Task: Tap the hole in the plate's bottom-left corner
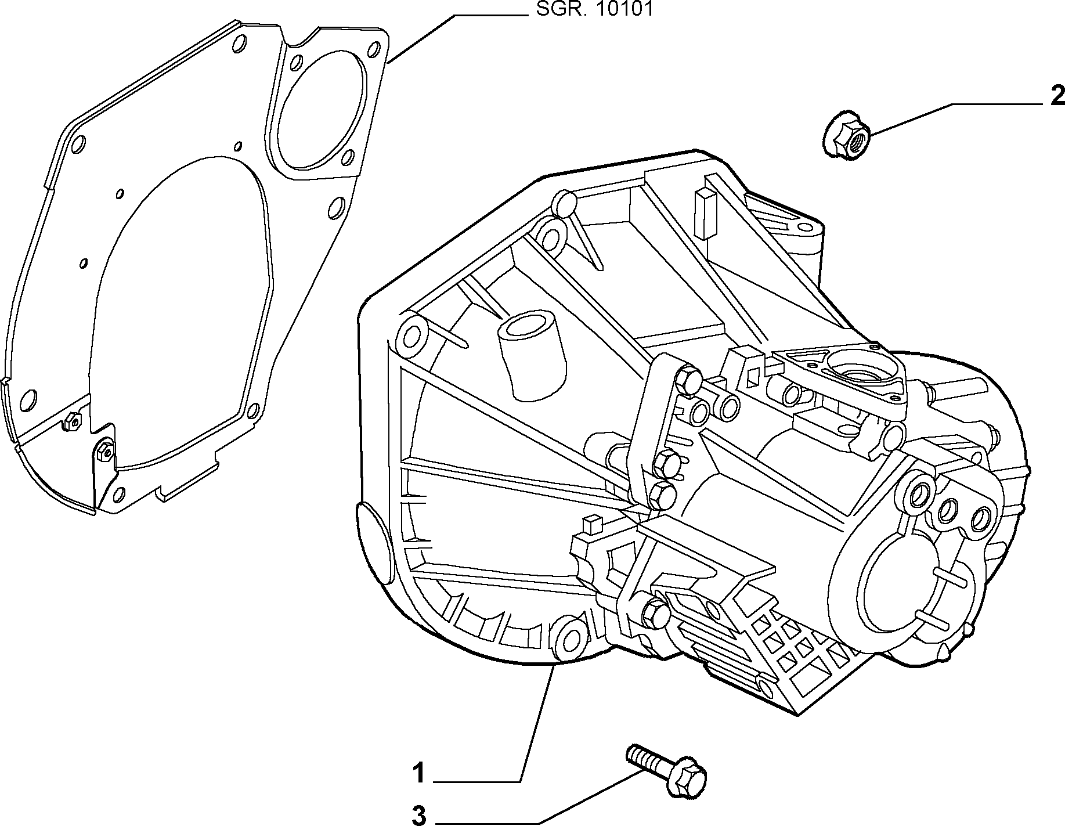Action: (x=28, y=399)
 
